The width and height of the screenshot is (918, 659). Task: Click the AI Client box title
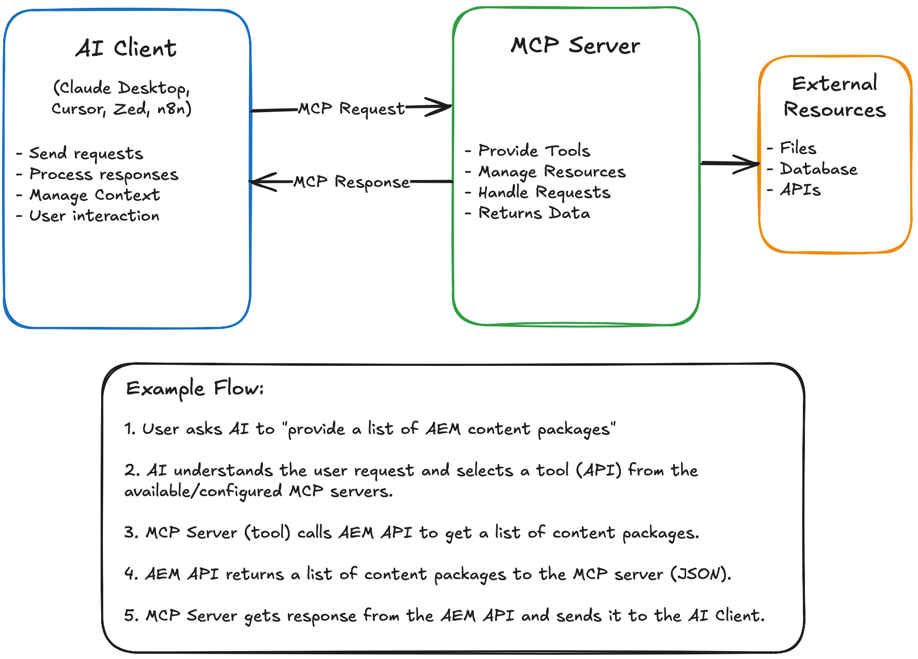pyautogui.click(x=126, y=49)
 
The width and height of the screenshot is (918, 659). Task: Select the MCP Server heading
pyautogui.click(x=575, y=46)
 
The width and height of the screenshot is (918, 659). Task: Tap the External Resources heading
pyautogui.click(x=834, y=97)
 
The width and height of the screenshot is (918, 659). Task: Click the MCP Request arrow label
pyautogui.click(x=351, y=109)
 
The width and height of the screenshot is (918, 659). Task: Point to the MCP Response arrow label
pyautogui.click(x=351, y=182)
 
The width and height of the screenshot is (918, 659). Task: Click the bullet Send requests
pyautogui.click(x=86, y=154)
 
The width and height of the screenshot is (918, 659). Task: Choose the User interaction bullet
pyautogui.click(x=94, y=216)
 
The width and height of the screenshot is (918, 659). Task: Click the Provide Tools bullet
pyautogui.click(x=534, y=150)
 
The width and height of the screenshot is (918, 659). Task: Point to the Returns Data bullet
pyautogui.click(x=534, y=213)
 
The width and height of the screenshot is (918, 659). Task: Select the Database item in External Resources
pyautogui.click(x=818, y=169)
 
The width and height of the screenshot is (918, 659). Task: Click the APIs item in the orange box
pyautogui.click(x=800, y=190)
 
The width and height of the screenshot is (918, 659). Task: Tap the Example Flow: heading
pyautogui.click(x=195, y=389)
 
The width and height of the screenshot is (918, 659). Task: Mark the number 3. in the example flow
pyautogui.click(x=131, y=532)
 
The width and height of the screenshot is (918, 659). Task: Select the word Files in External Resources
pyautogui.click(x=798, y=148)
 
